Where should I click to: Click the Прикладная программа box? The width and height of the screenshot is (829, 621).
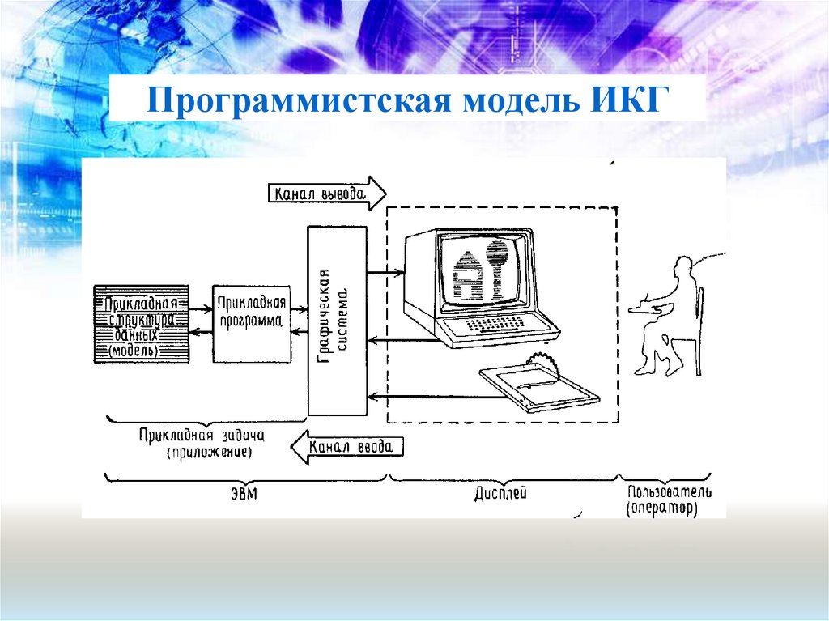tap(251, 322)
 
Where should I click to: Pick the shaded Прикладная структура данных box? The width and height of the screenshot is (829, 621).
tap(141, 323)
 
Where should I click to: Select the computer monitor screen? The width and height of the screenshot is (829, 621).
tap(483, 271)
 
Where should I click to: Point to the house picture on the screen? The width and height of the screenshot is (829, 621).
tap(467, 274)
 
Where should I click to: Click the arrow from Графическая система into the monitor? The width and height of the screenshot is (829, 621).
tap(385, 273)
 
